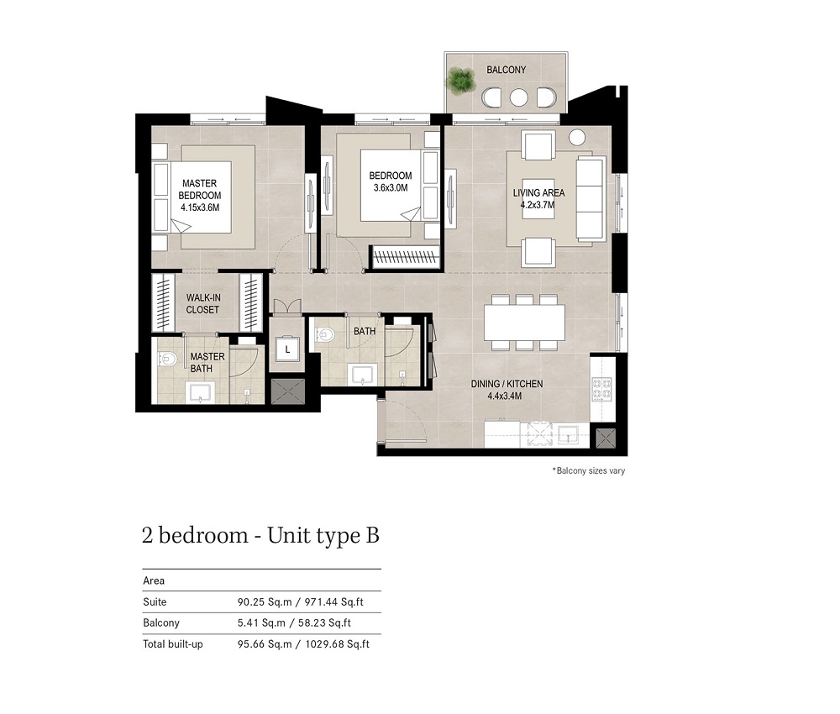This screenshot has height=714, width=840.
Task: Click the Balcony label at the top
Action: (x=506, y=70)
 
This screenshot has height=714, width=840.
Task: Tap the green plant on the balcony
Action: (x=460, y=81)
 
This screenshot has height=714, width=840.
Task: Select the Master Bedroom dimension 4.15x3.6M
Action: (x=200, y=207)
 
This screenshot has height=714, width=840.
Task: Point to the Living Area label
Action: (x=538, y=192)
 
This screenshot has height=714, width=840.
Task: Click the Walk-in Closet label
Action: (x=202, y=303)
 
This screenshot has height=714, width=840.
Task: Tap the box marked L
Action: (x=287, y=348)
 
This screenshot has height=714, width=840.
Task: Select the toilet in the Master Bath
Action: (x=167, y=359)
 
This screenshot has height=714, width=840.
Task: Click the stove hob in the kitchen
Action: (x=602, y=388)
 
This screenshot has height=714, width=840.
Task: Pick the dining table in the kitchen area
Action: (x=524, y=322)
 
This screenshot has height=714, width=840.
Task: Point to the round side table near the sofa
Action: (x=577, y=137)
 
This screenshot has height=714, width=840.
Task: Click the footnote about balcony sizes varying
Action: (x=588, y=471)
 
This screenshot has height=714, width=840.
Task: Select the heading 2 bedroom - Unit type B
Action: (x=260, y=536)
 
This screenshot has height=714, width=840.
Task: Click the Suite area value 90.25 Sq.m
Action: (x=264, y=602)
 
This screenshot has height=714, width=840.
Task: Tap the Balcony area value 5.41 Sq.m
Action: (x=260, y=623)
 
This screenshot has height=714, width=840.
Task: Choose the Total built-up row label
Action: (x=174, y=644)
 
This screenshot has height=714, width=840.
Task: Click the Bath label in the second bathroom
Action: (x=365, y=332)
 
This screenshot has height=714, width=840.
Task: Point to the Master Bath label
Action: (x=207, y=362)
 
